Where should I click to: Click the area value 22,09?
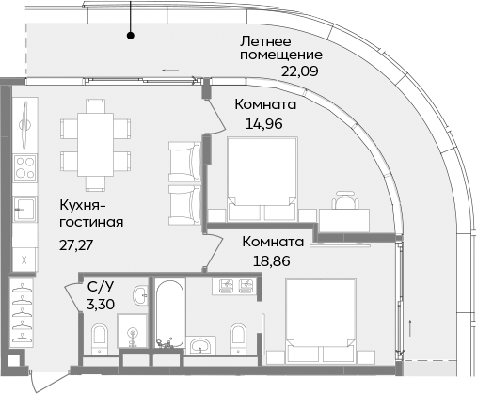tap(300, 70)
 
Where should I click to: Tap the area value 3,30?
tap(102, 305)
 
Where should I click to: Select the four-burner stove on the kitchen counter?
tap(24, 172)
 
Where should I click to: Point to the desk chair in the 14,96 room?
tap(345, 200)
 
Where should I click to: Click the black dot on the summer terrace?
tap(131, 36)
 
